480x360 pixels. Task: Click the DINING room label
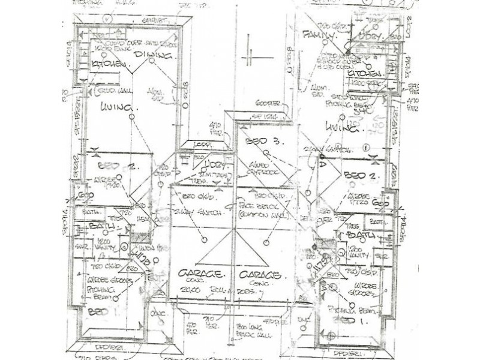pos(154,56)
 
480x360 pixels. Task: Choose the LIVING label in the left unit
pos(118,108)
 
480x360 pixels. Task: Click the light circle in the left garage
pos(204,240)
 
